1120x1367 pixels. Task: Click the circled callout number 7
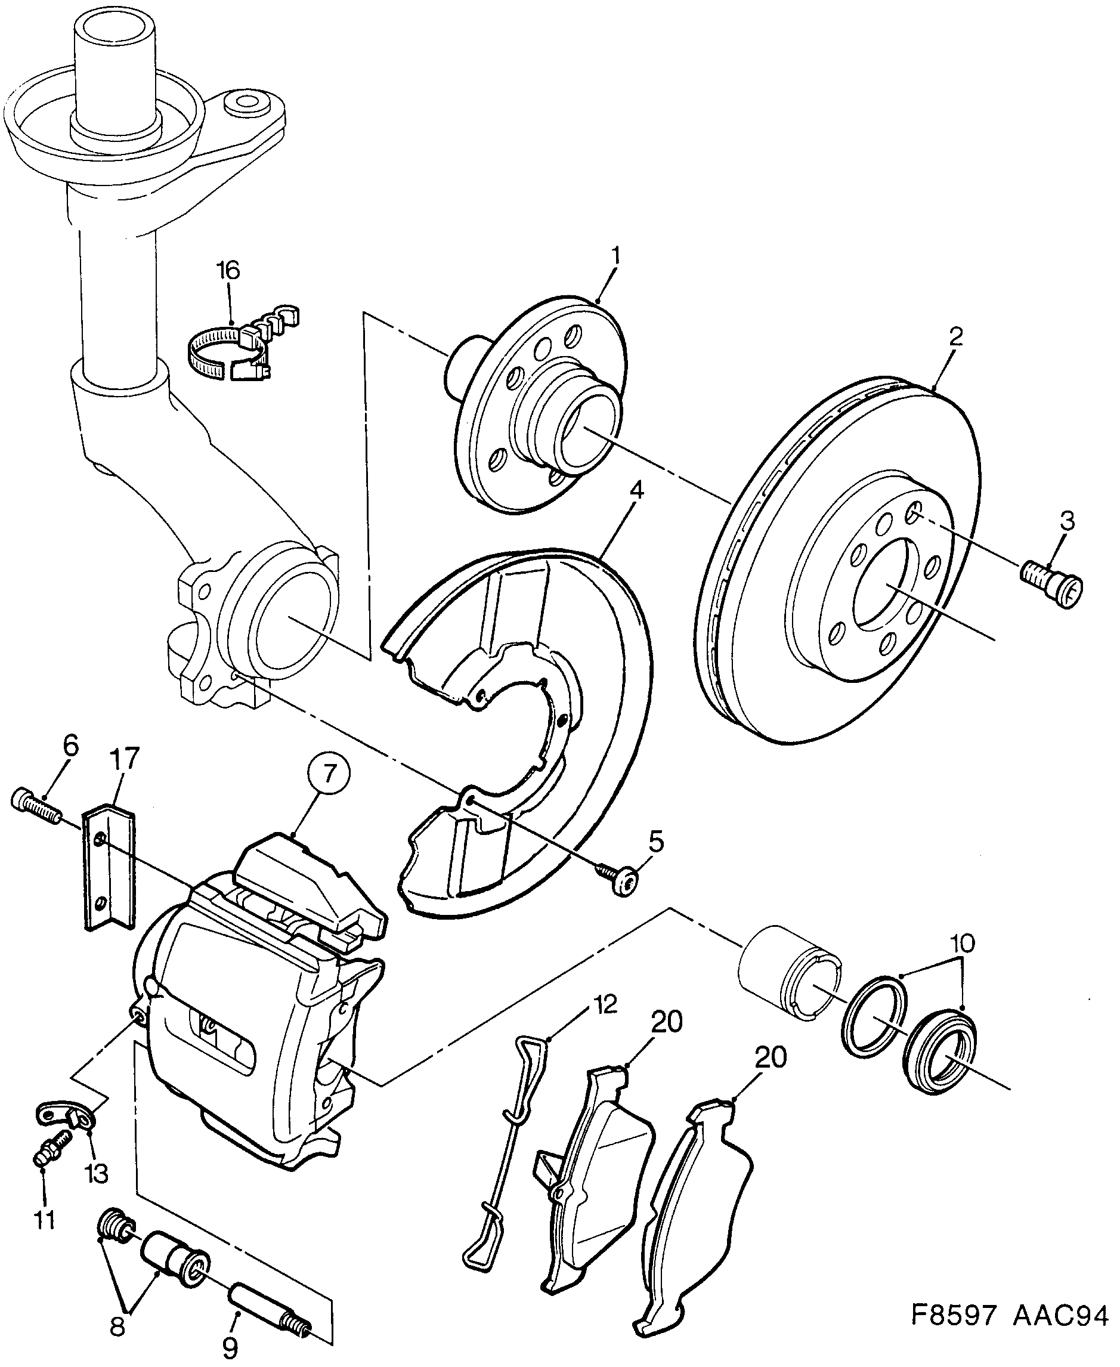pyautogui.click(x=330, y=774)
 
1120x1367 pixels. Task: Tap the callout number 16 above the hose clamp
pyautogui.click(x=228, y=270)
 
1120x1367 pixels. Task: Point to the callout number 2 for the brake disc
pyautogui.click(x=955, y=337)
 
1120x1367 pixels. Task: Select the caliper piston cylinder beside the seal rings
pyautogui.click(x=788, y=972)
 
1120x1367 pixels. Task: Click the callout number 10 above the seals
pyautogui.click(x=962, y=943)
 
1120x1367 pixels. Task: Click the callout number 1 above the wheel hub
pyautogui.click(x=616, y=256)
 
